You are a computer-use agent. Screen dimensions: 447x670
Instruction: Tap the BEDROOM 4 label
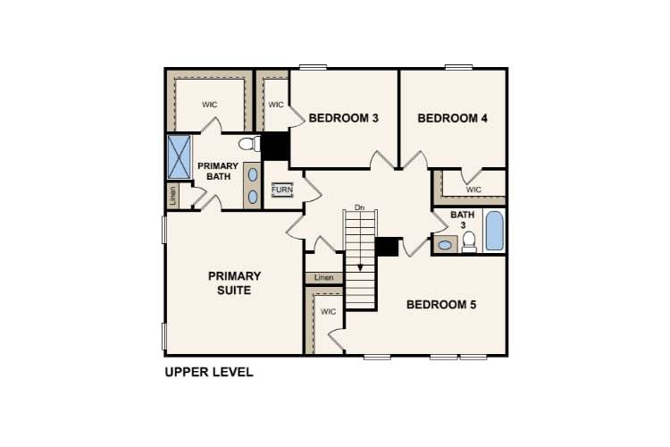(x=453, y=118)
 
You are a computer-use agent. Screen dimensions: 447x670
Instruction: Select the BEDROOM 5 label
(x=441, y=305)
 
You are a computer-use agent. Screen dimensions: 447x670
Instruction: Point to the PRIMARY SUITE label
(x=235, y=283)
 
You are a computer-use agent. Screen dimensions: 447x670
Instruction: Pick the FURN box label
(x=282, y=190)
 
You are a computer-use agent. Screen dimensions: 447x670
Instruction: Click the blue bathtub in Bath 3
(x=494, y=232)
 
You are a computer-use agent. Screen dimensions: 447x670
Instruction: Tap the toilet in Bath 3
(x=469, y=241)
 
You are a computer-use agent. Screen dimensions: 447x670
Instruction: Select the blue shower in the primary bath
(x=180, y=156)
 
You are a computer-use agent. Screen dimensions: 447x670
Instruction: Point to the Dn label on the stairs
(x=360, y=207)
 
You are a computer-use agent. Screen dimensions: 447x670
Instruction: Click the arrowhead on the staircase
(x=361, y=268)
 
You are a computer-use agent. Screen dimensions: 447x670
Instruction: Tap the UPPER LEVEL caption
(x=209, y=372)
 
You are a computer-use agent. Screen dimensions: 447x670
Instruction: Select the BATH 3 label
(x=463, y=220)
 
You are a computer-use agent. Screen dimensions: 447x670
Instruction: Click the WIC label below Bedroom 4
(x=473, y=190)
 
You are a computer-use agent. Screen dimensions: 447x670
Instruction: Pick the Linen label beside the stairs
(x=323, y=278)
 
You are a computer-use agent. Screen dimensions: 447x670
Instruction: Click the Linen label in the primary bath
(x=172, y=195)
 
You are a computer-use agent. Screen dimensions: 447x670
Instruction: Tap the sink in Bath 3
(x=444, y=244)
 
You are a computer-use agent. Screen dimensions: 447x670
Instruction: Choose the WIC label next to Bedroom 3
(x=275, y=105)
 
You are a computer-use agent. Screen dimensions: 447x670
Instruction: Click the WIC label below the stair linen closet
(x=328, y=312)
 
